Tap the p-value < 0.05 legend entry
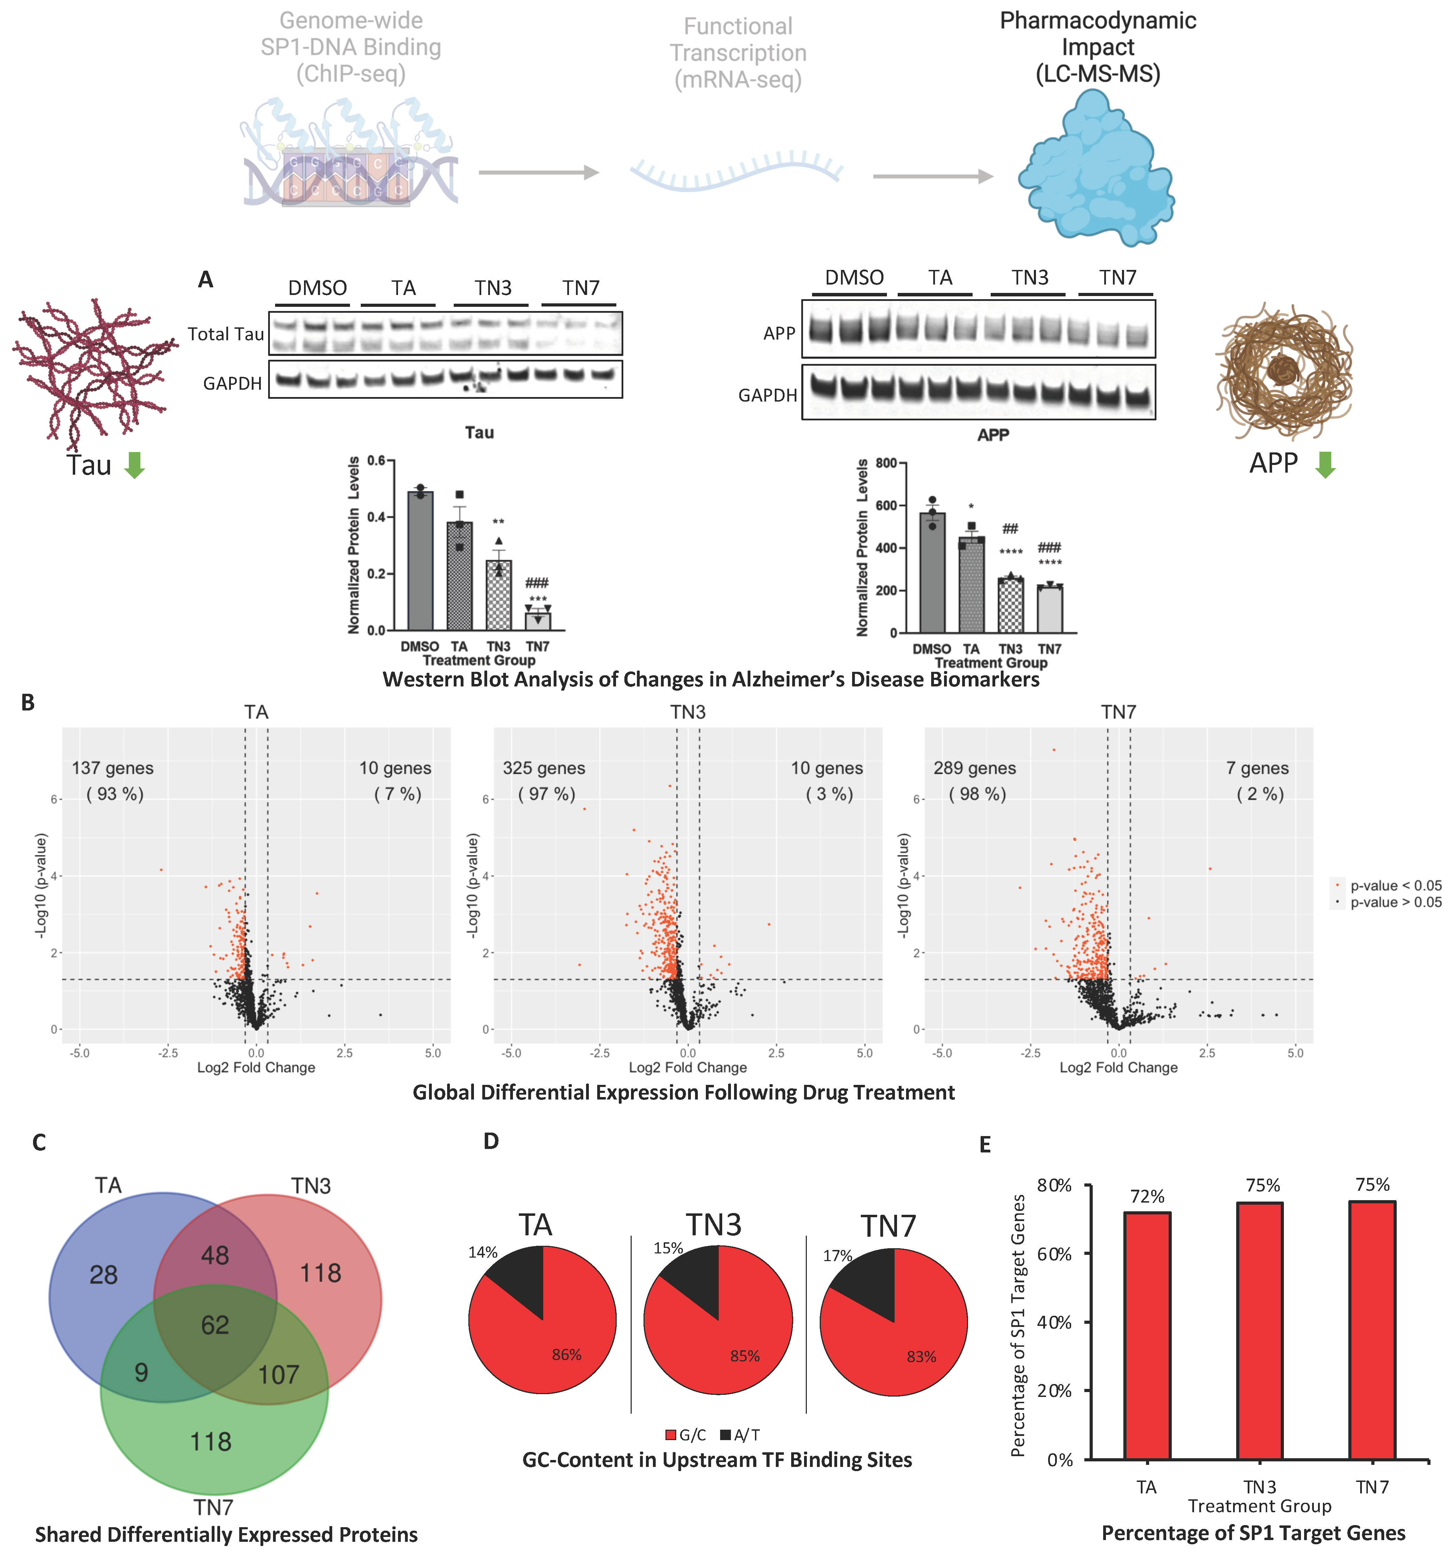pos(1387,886)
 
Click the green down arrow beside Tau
pos(135,465)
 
